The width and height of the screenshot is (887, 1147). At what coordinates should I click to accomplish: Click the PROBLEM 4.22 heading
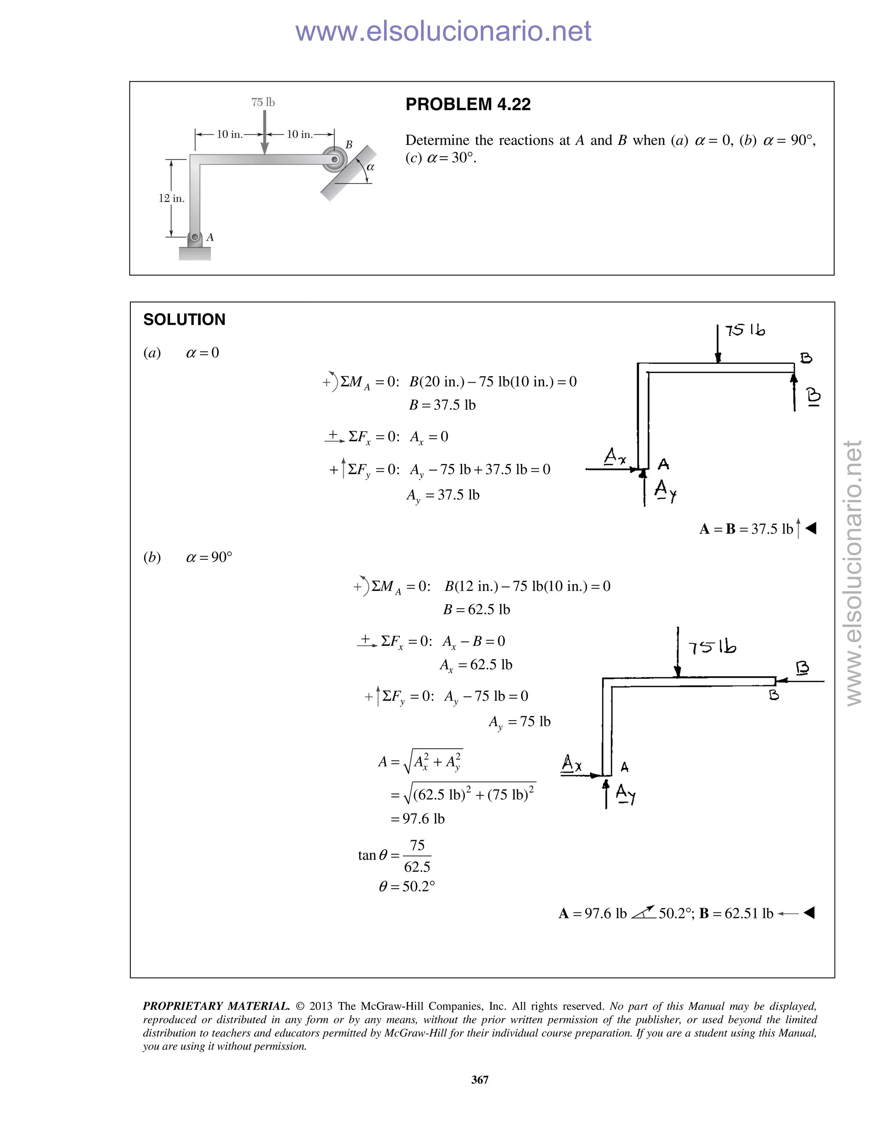[x=468, y=104]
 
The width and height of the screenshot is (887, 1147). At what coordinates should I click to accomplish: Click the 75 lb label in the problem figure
[x=263, y=102]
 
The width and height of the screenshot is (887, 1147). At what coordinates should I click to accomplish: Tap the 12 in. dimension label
[x=172, y=198]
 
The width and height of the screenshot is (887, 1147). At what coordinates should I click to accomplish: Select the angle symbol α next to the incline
[x=370, y=168]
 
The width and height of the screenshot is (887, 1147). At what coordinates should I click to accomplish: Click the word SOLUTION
[x=184, y=319]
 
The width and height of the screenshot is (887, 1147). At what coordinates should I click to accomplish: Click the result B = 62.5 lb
[x=476, y=609]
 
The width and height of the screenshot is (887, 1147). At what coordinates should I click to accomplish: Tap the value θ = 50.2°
[x=407, y=886]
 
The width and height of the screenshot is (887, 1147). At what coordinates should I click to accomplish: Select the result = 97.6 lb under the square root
[x=418, y=819]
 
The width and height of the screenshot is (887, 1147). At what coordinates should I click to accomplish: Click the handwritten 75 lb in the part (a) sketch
[x=745, y=330]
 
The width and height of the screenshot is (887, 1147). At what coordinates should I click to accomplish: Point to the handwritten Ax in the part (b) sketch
[x=572, y=763]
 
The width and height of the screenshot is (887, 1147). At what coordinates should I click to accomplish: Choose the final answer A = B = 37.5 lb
[x=746, y=529]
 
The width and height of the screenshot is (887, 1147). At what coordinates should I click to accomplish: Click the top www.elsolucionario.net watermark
[x=443, y=32]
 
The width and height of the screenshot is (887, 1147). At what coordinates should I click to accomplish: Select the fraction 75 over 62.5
[x=417, y=856]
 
